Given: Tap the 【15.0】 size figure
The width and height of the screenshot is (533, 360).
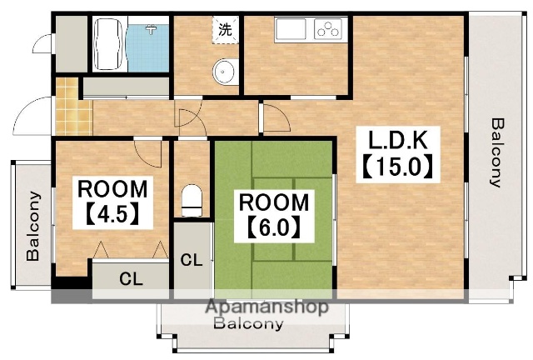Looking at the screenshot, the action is [398, 167].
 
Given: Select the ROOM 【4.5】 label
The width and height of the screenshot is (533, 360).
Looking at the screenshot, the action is [112, 202].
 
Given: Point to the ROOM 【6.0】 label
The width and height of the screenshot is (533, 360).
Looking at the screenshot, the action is [274, 215].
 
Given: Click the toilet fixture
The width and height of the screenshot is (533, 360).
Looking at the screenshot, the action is [192, 201].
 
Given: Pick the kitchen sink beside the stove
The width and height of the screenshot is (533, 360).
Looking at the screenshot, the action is [291, 29].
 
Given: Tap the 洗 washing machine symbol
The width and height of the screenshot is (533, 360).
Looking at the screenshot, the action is [225, 30].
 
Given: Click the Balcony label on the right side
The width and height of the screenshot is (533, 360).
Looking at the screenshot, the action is [497, 152].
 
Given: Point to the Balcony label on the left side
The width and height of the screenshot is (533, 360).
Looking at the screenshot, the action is [33, 226].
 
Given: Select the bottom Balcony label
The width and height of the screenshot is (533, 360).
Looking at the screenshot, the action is [248, 323].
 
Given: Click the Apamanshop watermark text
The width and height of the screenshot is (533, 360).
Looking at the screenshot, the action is [267, 307].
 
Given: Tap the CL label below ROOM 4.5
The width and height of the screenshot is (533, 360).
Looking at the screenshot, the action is [131, 279].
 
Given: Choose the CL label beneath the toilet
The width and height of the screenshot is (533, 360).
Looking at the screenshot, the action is [192, 260].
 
